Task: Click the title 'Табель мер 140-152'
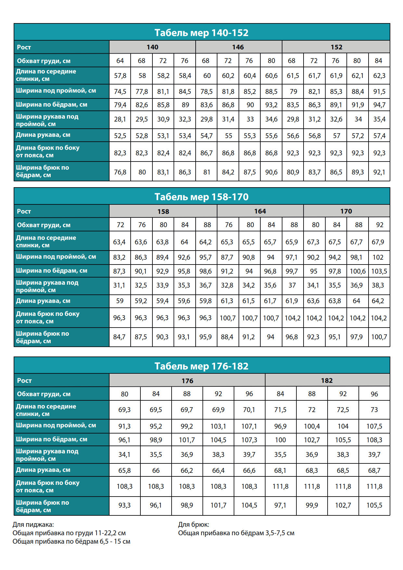tap(201, 32)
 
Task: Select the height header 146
tap(238, 47)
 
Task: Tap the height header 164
tap(260, 211)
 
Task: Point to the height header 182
tap(327, 381)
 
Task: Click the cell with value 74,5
tap(120, 92)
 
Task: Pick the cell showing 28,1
tap(120, 119)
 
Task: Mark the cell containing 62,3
tap(379, 76)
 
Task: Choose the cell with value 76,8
tap(120, 172)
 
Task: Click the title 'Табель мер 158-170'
tap(201, 197)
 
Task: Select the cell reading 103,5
tap(379, 271)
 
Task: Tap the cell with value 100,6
tap(357, 271)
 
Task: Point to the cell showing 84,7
tap(119, 337)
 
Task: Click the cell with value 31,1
tap(119, 285)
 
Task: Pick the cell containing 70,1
tap(249, 410)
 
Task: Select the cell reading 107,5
tap(374, 426)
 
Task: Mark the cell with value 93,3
tap(124, 505)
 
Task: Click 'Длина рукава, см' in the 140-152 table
tap(43, 135)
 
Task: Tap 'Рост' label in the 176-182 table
tap(24, 381)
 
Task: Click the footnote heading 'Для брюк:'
tap(194, 524)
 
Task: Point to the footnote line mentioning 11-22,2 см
tap(69, 533)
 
